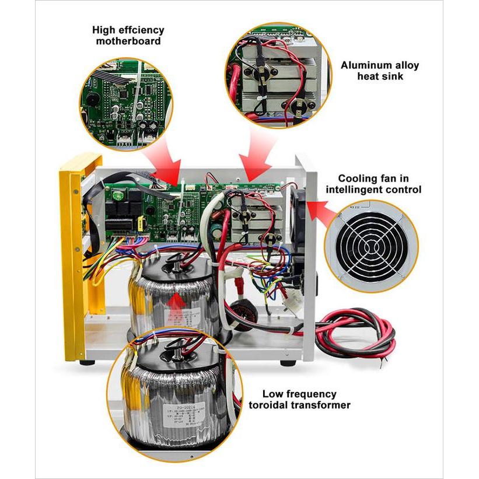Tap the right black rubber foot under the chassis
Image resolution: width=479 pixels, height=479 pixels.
[286, 362]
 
